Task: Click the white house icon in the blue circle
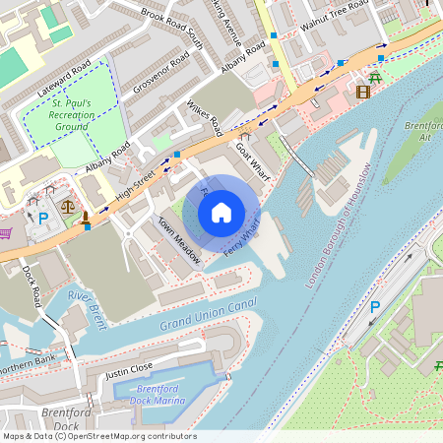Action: pos(221,212)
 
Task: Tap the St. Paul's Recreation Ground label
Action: pos(74,115)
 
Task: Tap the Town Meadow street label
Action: pos(179,241)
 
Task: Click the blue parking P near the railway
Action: pos(375,308)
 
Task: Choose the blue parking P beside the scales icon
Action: pos(42,218)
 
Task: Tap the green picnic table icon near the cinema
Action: pos(375,75)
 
